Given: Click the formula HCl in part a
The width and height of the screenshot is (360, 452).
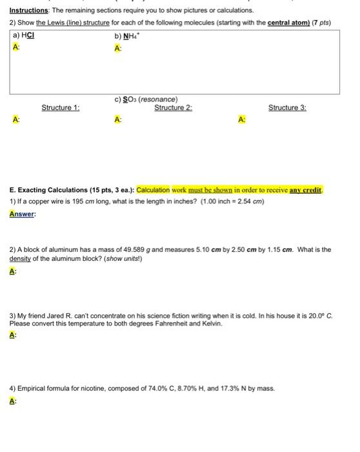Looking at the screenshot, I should [28, 36].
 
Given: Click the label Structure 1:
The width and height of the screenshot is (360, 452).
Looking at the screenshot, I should [60, 108].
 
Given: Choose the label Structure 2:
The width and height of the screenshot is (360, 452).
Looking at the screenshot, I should [173, 108].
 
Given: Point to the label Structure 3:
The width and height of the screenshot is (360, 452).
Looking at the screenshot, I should [287, 108].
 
